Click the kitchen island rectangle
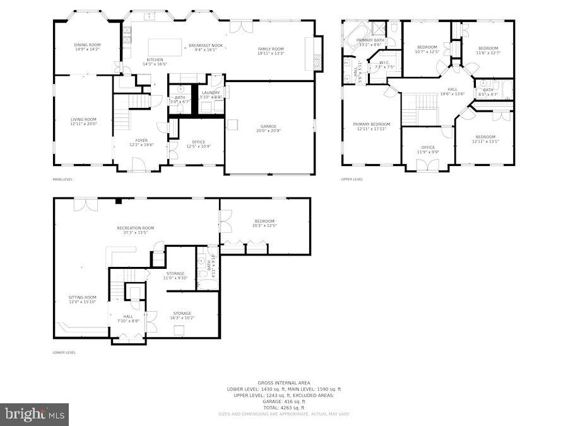click(165, 47)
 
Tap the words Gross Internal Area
click(283, 383)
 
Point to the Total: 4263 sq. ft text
click(283, 408)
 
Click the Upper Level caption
click(352, 179)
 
